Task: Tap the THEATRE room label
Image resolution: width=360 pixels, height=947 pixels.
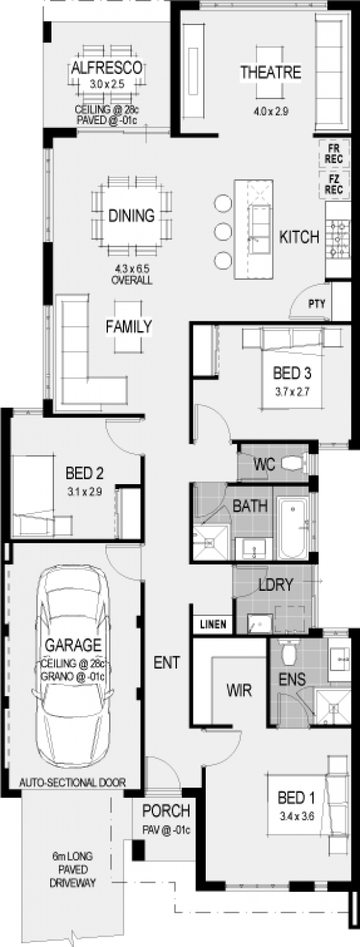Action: [270, 73]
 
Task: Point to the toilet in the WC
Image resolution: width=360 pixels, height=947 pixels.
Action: [296, 463]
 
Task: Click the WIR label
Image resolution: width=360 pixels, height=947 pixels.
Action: [238, 691]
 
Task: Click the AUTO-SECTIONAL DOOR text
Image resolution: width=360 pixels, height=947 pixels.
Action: [72, 782]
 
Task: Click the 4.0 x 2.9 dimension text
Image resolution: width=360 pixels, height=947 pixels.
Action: [270, 111]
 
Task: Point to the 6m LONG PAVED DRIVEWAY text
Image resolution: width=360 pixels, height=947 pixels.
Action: [72, 870]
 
